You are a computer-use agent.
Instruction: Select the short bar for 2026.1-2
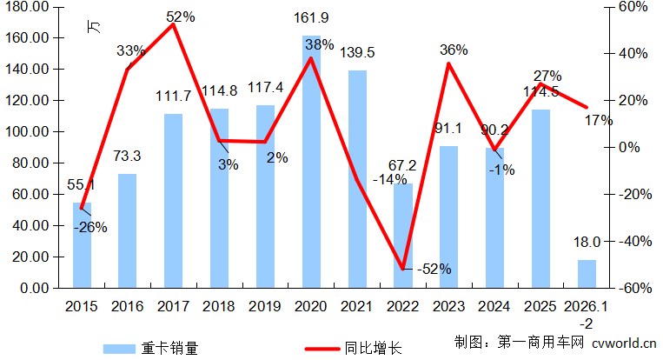tap(587, 273)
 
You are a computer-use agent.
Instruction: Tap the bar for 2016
tap(128, 230)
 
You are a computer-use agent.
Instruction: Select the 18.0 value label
tap(587, 243)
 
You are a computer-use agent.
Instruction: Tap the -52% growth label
tap(433, 269)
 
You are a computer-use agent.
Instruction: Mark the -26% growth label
tap(90, 228)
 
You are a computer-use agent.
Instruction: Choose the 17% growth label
tap(599, 120)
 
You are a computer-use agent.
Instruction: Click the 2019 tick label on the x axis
tap(265, 307)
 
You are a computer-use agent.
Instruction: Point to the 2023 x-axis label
tap(449, 307)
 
